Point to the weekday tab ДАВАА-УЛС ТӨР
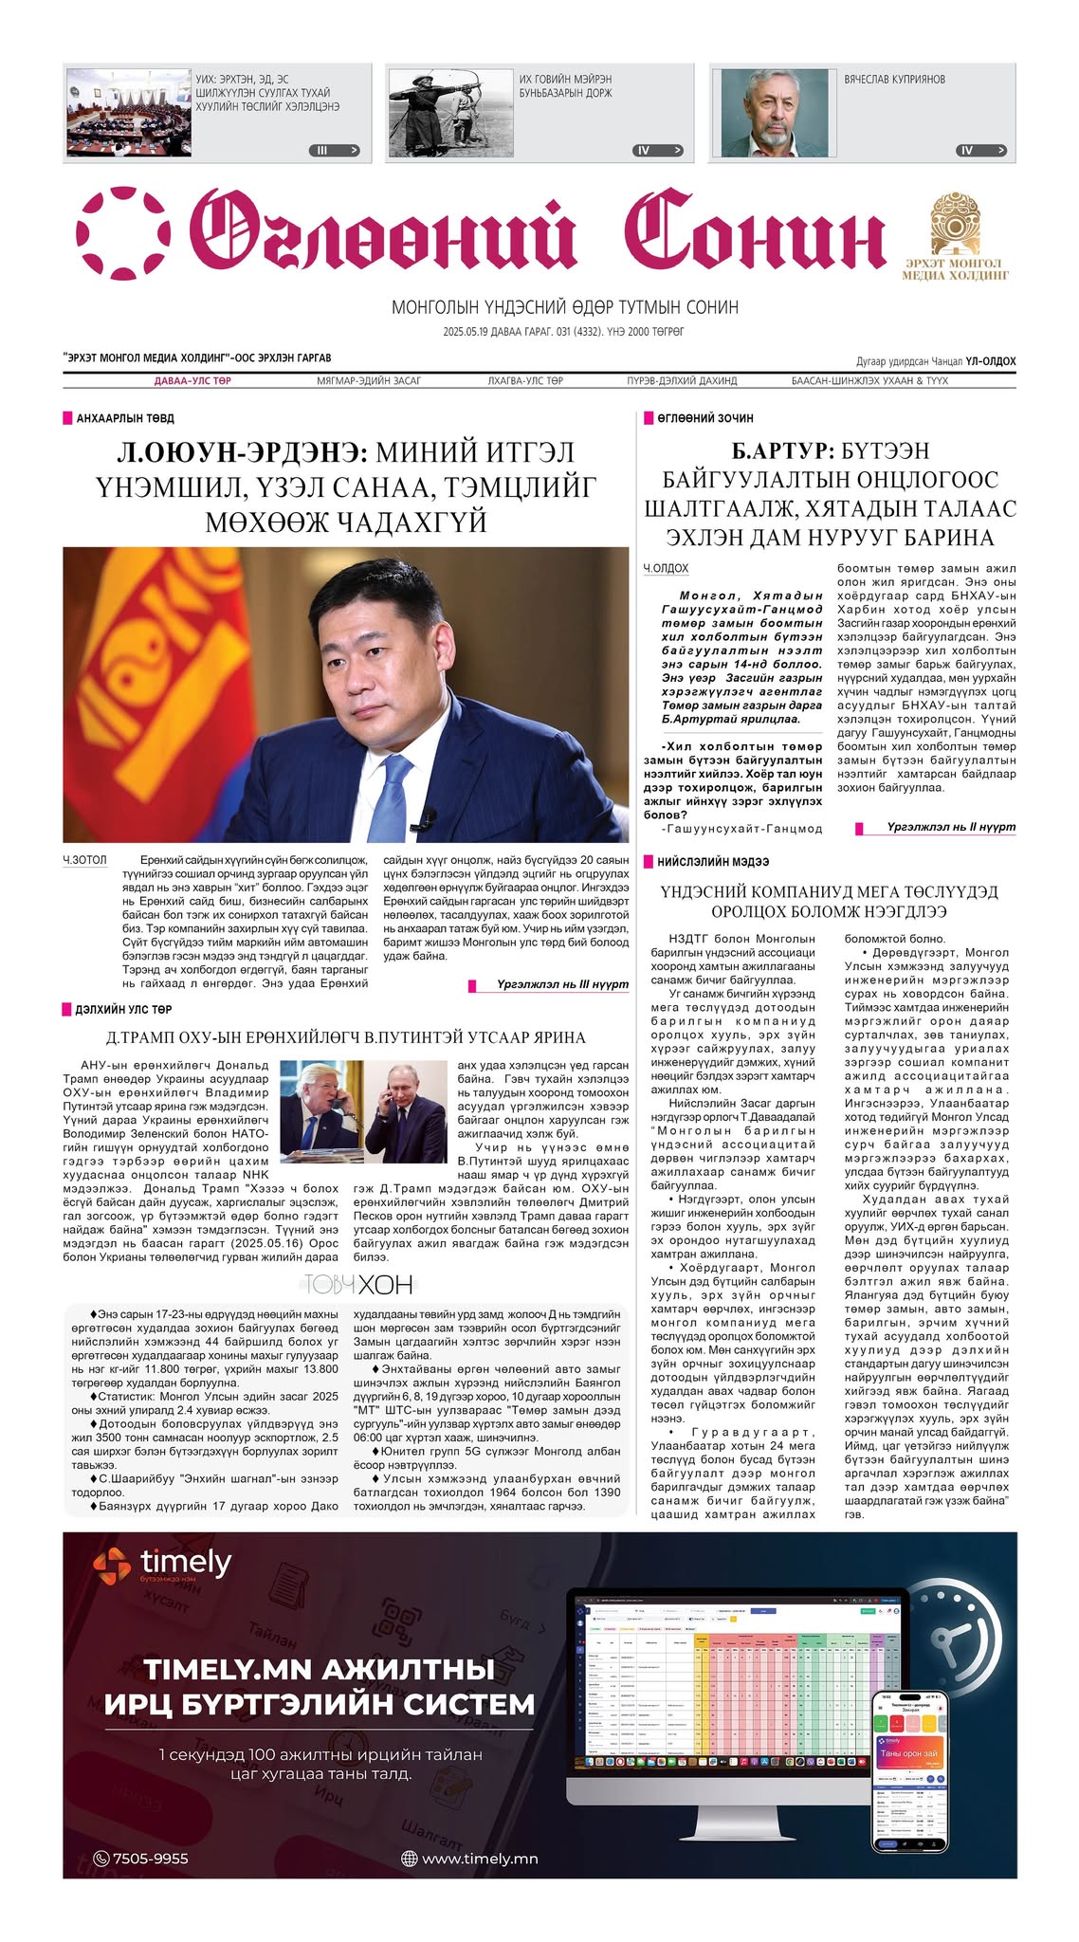192,381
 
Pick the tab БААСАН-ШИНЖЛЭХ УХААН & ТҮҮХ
869,381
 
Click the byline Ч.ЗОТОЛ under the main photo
85,860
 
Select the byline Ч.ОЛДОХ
666,569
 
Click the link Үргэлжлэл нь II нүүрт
950,827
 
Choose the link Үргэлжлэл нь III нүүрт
562,984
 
